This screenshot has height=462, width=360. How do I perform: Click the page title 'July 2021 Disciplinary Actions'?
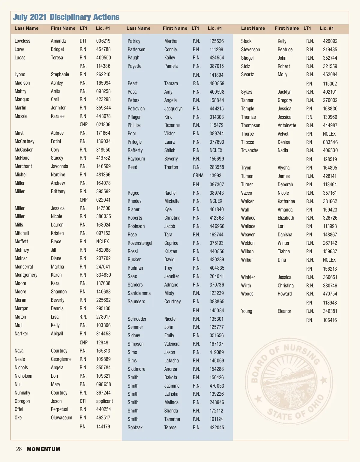[x=66, y=17]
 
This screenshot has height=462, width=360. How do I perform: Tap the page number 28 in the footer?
[x=19, y=449]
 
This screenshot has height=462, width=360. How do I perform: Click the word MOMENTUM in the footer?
[x=43, y=449]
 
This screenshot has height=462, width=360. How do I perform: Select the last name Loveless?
[x=22, y=41]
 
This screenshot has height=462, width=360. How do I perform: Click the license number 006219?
[x=103, y=41]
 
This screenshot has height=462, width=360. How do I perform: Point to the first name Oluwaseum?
[x=61, y=418]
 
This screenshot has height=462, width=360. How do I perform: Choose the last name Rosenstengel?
[x=140, y=243]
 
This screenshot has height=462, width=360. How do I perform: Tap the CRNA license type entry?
[x=198, y=175]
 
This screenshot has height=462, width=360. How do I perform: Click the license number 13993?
[x=215, y=175]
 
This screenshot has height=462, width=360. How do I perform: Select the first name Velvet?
[x=283, y=134]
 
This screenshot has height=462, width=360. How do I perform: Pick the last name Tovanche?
[x=250, y=150]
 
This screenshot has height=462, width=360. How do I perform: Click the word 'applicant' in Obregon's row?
[x=104, y=401]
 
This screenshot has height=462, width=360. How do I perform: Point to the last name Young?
[x=247, y=311]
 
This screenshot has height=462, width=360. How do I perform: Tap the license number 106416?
[x=330, y=320]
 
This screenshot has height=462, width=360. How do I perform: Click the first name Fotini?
[x=56, y=141]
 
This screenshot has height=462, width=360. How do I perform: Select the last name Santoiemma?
[x=139, y=293]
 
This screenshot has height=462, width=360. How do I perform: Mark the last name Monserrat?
[x=24, y=267]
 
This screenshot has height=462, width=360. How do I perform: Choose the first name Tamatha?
[x=172, y=419]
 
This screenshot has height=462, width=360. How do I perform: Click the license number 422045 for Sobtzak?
[x=217, y=427]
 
